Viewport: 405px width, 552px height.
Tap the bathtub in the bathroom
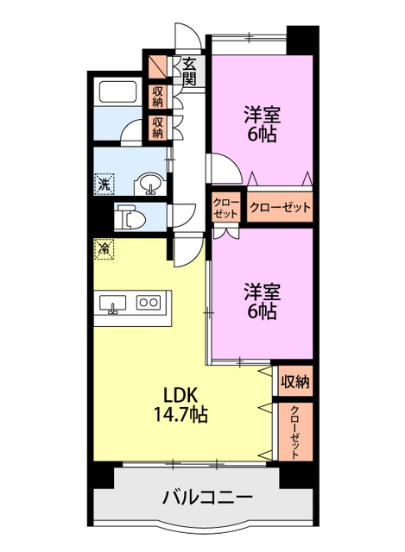point(118,92)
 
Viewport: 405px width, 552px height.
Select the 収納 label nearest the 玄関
point(158,97)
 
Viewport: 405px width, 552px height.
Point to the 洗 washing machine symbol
point(104,183)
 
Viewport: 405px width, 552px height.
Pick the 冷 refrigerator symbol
point(104,248)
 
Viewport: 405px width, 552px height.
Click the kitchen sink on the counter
point(113,303)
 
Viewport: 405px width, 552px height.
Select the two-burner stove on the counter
point(149,303)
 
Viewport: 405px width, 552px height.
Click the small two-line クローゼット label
point(227,207)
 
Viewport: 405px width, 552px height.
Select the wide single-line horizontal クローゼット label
point(280,208)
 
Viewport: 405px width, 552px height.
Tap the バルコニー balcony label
point(206,498)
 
